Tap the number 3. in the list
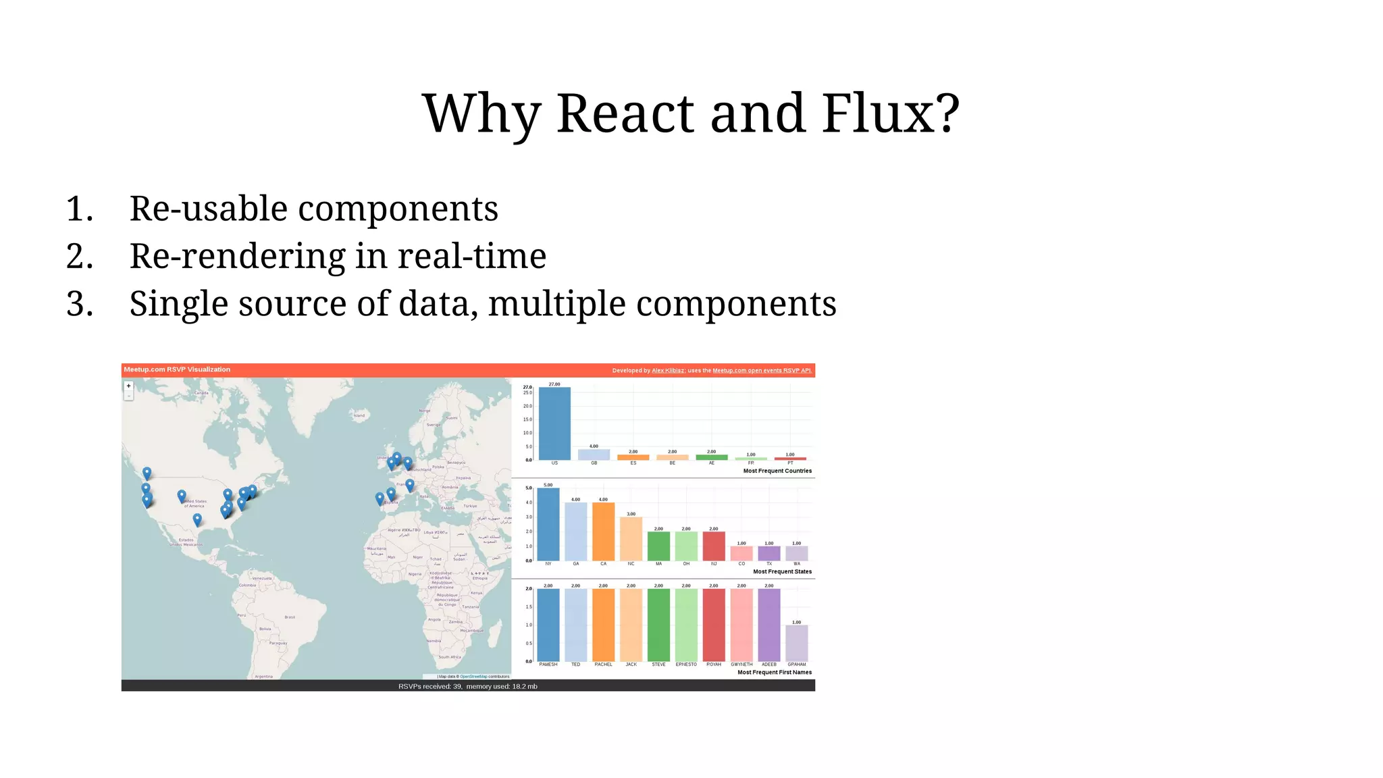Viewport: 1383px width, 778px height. (x=80, y=304)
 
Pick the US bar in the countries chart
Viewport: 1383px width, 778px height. (x=554, y=423)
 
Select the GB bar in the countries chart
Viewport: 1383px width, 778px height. (x=594, y=455)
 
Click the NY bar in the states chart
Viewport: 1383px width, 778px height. (x=548, y=524)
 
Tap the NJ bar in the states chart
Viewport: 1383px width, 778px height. (x=714, y=546)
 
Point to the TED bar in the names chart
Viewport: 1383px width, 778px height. (x=575, y=625)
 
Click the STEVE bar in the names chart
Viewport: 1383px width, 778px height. (x=658, y=625)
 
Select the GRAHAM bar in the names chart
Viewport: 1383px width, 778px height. (x=797, y=643)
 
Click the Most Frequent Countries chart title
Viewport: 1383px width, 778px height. (x=777, y=471)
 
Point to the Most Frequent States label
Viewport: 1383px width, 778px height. (x=782, y=571)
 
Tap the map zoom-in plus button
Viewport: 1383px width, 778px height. (x=128, y=386)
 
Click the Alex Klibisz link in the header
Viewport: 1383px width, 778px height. (x=668, y=370)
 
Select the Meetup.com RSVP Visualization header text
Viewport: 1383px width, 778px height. (x=177, y=369)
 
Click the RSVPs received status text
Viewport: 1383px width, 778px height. (x=467, y=686)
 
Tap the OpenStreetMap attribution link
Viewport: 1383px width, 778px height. (x=473, y=676)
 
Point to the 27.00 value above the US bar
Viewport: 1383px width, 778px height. (x=554, y=384)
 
